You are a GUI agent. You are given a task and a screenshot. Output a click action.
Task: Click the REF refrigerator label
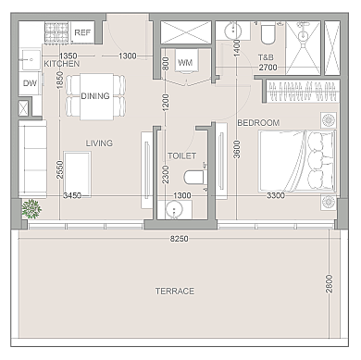coord(82,32)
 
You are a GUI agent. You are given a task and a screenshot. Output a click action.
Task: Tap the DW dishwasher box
coord(30,83)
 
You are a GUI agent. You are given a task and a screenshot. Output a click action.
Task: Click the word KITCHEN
coord(62,64)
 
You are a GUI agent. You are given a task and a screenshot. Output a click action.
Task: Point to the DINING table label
coord(95,96)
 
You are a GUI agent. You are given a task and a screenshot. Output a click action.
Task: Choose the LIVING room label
coord(99,143)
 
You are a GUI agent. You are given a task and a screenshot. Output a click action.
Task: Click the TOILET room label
coord(181,155)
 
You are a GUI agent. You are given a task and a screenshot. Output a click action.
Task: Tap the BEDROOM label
coord(258,123)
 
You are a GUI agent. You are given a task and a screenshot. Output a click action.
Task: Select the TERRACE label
coord(175,292)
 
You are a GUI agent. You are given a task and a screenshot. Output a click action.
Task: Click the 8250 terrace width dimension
coord(180,239)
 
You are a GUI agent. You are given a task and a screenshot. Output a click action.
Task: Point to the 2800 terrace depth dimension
coord(330,284)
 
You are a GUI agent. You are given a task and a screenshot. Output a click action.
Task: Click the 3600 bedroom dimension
coord(237,149)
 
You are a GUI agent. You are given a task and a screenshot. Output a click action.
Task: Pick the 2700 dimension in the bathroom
coord(268,68)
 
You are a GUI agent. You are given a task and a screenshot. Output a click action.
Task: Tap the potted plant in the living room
coord(31,209)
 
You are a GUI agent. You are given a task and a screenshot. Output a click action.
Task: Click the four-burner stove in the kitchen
coord(56,32)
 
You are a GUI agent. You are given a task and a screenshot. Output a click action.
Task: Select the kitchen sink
coord(30,59)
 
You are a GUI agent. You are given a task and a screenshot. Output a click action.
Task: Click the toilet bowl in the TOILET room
coord(194,178)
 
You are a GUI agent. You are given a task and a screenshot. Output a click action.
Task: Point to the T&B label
coord(266,57)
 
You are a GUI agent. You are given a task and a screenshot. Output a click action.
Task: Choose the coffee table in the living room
coord(77,174)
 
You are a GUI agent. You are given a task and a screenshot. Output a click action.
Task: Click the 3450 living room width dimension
coord(72,195)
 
